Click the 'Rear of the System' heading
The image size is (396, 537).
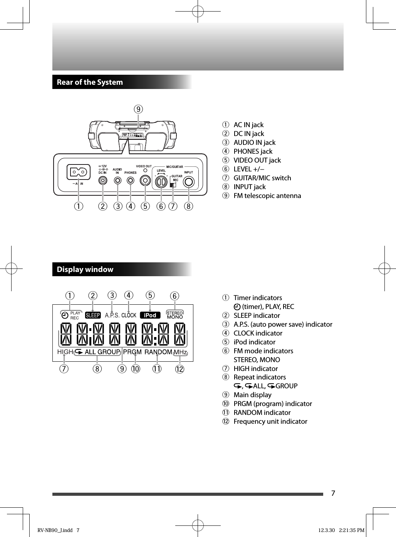[90, 82]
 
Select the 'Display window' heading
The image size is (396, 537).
[85, 269]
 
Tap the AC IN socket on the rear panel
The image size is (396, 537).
[79, 172]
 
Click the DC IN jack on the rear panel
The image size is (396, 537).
[102, 180]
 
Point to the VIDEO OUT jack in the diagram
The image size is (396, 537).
[145, 180]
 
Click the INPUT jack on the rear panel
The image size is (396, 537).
[188, 181]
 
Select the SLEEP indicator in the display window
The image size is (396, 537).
[93, 315]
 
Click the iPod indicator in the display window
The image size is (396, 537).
[150, 315]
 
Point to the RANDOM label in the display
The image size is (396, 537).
[158, 352]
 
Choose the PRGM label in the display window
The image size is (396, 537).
[132, 352]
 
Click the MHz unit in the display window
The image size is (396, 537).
[180, 352]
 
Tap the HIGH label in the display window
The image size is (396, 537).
[65, 352]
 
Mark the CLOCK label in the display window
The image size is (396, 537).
[129, 315]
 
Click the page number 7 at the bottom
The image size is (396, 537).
[333, 493]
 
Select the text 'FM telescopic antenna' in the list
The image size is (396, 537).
[267, 196]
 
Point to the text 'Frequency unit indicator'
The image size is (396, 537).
[270, 421]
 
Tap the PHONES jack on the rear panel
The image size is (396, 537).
[131, 180]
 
